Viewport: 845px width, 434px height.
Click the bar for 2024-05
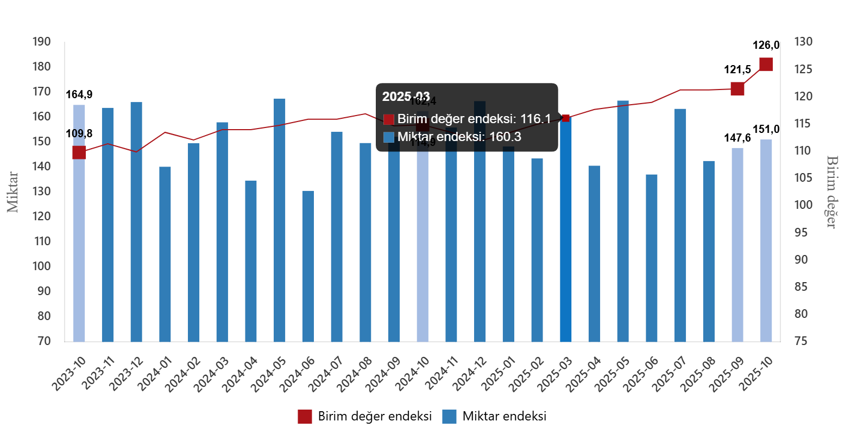tap(280, 220)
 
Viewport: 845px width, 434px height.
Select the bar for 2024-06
tap(308, 266)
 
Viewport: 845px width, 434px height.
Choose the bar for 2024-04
tap(251, 261)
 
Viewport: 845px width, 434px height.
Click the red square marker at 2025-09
tap(737, 88)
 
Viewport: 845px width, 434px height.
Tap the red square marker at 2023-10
tap(79, 152)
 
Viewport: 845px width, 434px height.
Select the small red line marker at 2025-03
tap(566, 118)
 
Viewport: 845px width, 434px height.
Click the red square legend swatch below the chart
tap(305, 417)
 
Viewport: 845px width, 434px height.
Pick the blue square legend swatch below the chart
tap(449, 417)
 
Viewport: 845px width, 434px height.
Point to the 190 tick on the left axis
tap(41, 42)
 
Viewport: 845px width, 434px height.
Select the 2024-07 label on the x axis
tap(331, 374)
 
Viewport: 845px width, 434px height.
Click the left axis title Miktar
tap(13, 192)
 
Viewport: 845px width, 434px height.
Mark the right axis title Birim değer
tap(831, 192)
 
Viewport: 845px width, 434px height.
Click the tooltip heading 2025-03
tap(406, 97)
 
